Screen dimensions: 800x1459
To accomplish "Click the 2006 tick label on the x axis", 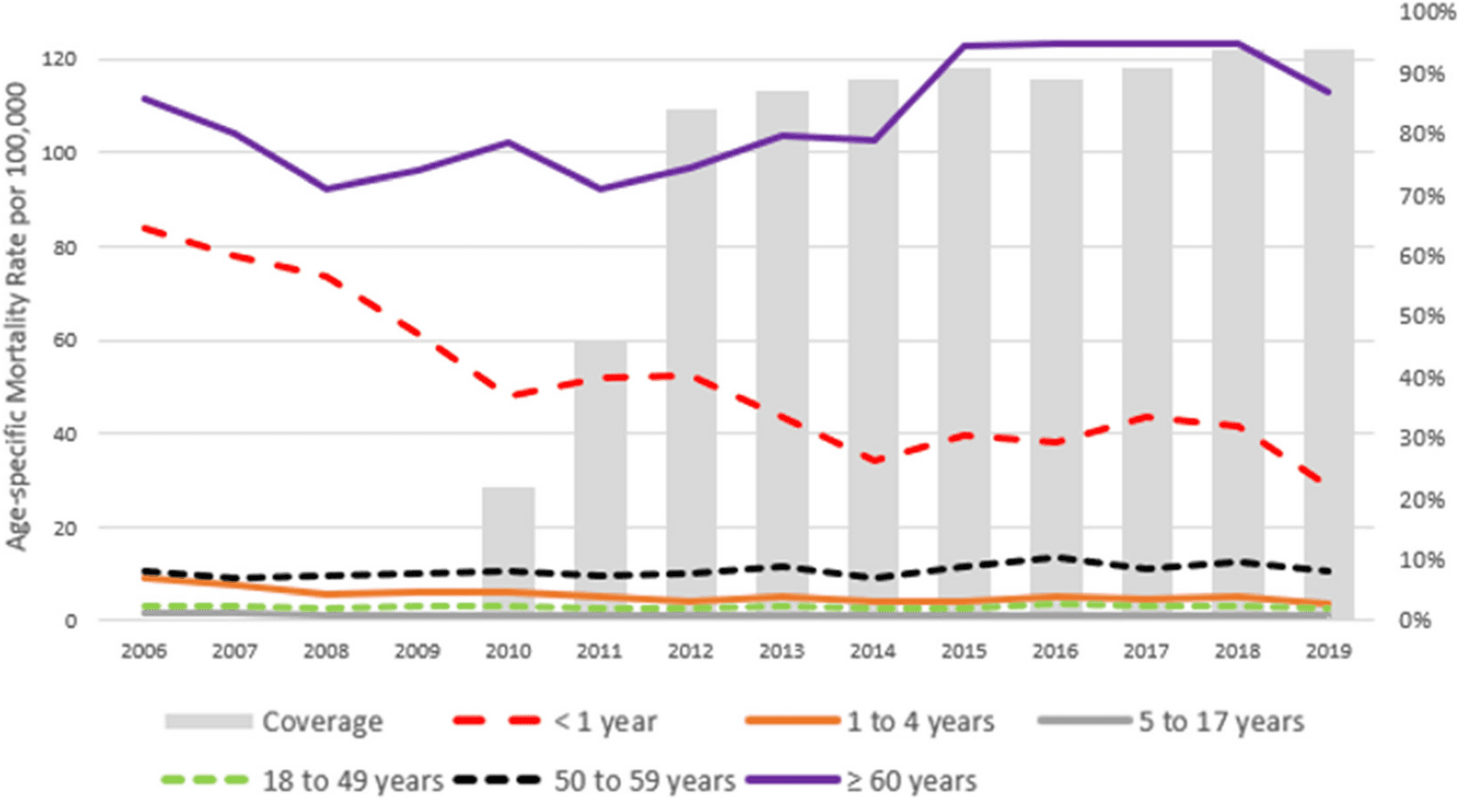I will pyautogui.click(x=144, y=651).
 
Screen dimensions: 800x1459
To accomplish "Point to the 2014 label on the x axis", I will pyautogui.click(x=872, y=651).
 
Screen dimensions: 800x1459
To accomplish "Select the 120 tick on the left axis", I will pyautogui.click(x=59, y=59).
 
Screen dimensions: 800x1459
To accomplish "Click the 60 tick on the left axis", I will pyautogui.click(x=65, y=340).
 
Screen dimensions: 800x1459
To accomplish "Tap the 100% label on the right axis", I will pyautogui.click(x=1426, y=12).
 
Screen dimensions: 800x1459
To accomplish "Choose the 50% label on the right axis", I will pyautogui.click(x=1421, y=316).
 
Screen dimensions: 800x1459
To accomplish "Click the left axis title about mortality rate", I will pyautogui.click(x=17, y=315).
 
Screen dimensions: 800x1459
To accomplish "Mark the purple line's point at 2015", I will pyautogui.click(x=964, y=46).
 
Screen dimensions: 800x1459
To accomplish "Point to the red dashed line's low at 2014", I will pyautogui.click(x=875, y=460).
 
